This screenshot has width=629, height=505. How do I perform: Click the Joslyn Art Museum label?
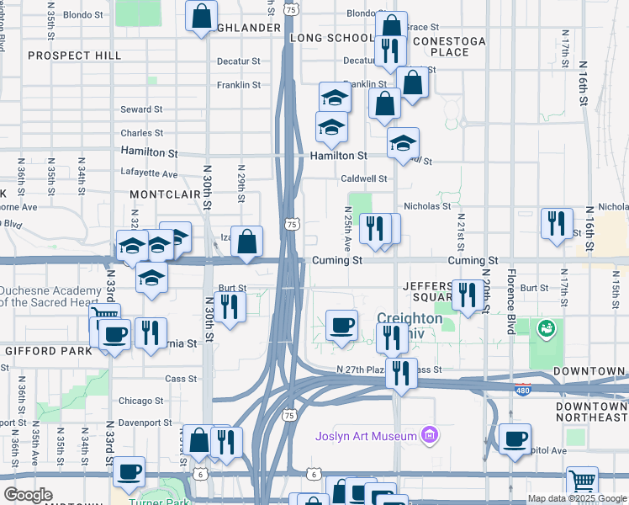(366, 436)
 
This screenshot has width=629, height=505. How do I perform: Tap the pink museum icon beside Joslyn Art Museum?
(430, 435)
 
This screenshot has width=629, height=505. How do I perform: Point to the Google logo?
(28, 495)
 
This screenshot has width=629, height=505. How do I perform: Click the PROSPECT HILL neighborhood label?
(74, 56)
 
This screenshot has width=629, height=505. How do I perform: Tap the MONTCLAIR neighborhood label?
(165, 194)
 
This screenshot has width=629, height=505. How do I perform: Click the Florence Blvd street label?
(510, 301)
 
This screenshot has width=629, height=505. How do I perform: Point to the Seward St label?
(141, 109)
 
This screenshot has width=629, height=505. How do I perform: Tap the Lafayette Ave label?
(150, 174)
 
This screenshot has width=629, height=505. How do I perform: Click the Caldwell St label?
(364, 178)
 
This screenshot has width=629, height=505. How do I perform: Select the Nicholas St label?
(427, 205)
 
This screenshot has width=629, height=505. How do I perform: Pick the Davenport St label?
(145, 423)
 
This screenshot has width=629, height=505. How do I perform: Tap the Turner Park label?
(161, 499)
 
